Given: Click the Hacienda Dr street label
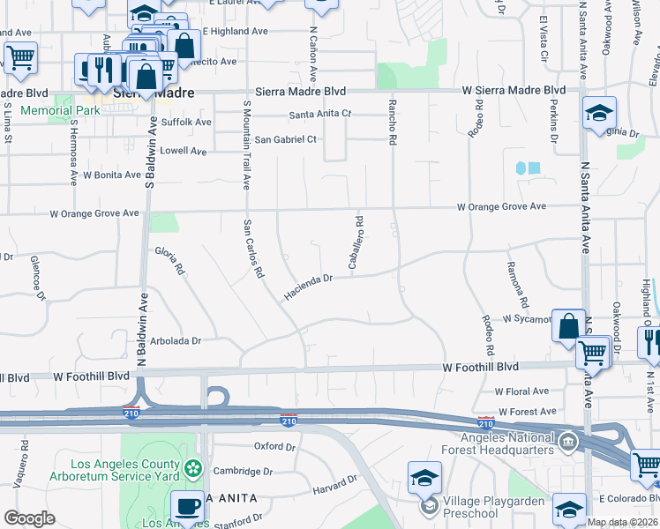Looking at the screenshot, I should [308, 286].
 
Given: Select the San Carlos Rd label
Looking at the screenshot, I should [253, 249].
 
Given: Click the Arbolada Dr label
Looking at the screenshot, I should [176, 340].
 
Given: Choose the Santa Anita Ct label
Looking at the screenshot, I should [321, 115].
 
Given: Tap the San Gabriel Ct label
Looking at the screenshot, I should [285, 139].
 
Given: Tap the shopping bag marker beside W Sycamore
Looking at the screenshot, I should [569, 324].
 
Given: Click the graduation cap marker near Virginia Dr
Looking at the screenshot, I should [599, 112].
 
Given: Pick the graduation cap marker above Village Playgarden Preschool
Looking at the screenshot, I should [424, 478].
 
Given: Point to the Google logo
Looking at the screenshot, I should [29, 518].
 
